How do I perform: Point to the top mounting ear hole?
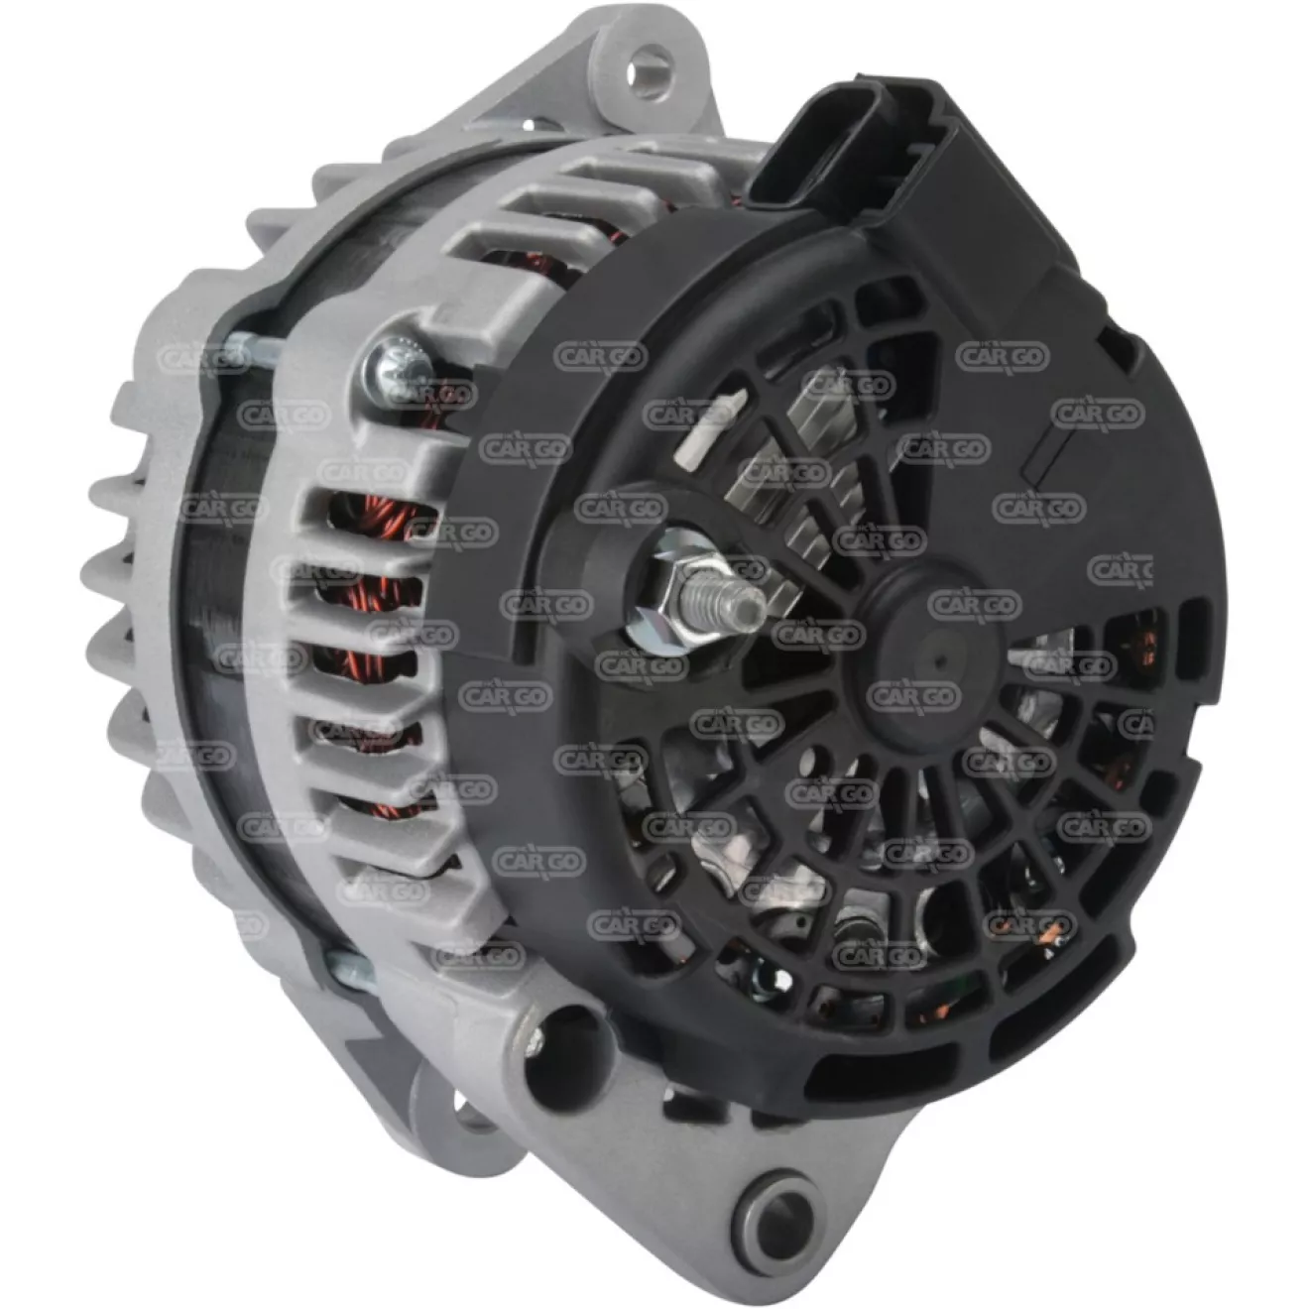pos(649,70)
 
